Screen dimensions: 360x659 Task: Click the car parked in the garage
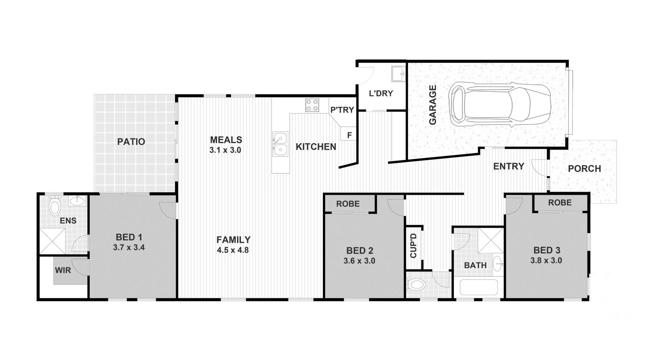click(x=500, y=103)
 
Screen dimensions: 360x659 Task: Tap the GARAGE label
click(x=432, y=105)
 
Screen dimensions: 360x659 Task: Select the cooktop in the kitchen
click(x=312, y=105)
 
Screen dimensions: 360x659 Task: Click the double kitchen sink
click(x=280, y=144)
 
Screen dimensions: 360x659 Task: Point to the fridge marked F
click(x=349, y=135)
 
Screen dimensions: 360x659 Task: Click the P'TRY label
click(x=342, y=110)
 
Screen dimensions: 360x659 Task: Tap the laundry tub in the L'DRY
click(x=398, y=74)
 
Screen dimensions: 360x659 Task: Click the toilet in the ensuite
click(x=54, y=206)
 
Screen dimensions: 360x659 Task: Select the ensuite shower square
click(x=52, y=241)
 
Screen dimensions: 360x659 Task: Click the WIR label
click(x=63, y=270)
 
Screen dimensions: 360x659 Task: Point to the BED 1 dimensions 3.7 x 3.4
click(x=129, y=247)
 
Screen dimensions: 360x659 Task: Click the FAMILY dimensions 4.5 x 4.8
click(x=233, y=250)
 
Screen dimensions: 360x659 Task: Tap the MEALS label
click(x=226, y=140)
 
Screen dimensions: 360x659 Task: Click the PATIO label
click(x=131, y=142)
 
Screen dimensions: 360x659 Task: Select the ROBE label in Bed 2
click(x=348, y=204)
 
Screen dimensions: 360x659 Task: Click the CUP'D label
click(x=413, y=246)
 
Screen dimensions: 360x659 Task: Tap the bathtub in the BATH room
click(x=478, y=287)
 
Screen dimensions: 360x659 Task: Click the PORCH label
click(x=584, y=169)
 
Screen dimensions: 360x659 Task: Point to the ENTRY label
click(x=508, y=166)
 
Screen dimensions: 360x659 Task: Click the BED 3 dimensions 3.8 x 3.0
click(x=546, y=260)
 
